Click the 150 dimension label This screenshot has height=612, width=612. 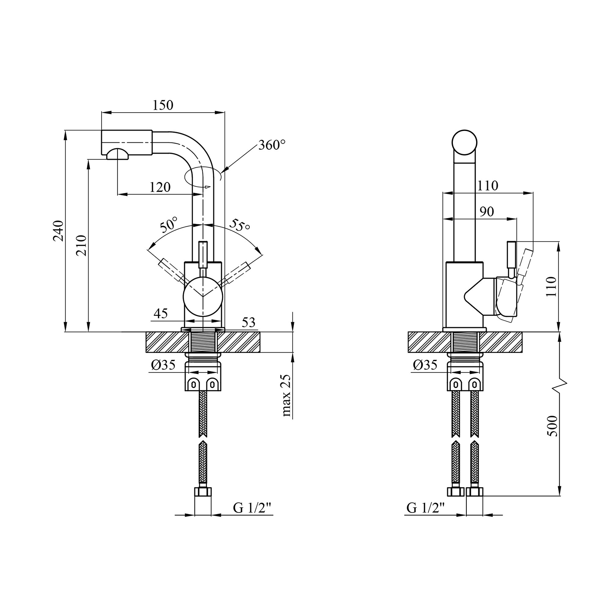click(163, 105)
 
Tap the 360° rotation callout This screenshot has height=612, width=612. click(272, 145)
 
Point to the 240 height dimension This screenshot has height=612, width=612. click(59, 231)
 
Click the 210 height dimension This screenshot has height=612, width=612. click(81, 245)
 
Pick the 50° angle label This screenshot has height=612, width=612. click(169, 224)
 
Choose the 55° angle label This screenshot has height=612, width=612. click(239, 225)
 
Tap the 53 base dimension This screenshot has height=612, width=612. click(248, 322)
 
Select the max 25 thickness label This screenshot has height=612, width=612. click(286, 395)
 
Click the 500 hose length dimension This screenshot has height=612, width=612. click(552, 426)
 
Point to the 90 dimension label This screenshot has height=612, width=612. click(487, 211)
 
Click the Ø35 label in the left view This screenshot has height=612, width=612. click(163, 364)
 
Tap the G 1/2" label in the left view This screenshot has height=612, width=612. click(252, 508)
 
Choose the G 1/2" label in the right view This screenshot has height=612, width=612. click(426, 508)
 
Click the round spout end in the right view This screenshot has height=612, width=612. click(464, 142)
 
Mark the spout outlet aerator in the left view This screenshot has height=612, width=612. click(118, 154)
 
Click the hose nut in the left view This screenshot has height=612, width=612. click(203, 491)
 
